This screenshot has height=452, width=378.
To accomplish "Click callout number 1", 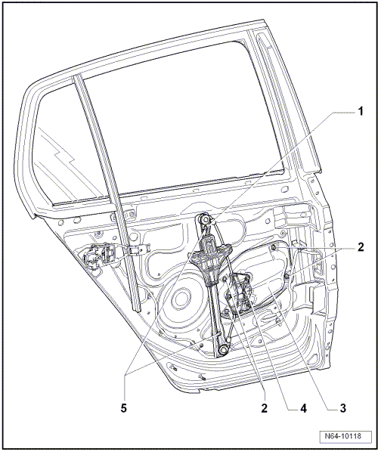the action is pos(360,111).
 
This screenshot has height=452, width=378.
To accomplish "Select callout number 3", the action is pos(342,408).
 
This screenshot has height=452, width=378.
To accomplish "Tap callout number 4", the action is pos(303,408).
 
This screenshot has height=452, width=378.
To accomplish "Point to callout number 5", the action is pos(123,408).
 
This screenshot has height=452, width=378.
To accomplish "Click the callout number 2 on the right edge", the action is pos(361,247).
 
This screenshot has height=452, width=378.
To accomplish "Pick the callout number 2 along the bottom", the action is pos(264,408).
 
